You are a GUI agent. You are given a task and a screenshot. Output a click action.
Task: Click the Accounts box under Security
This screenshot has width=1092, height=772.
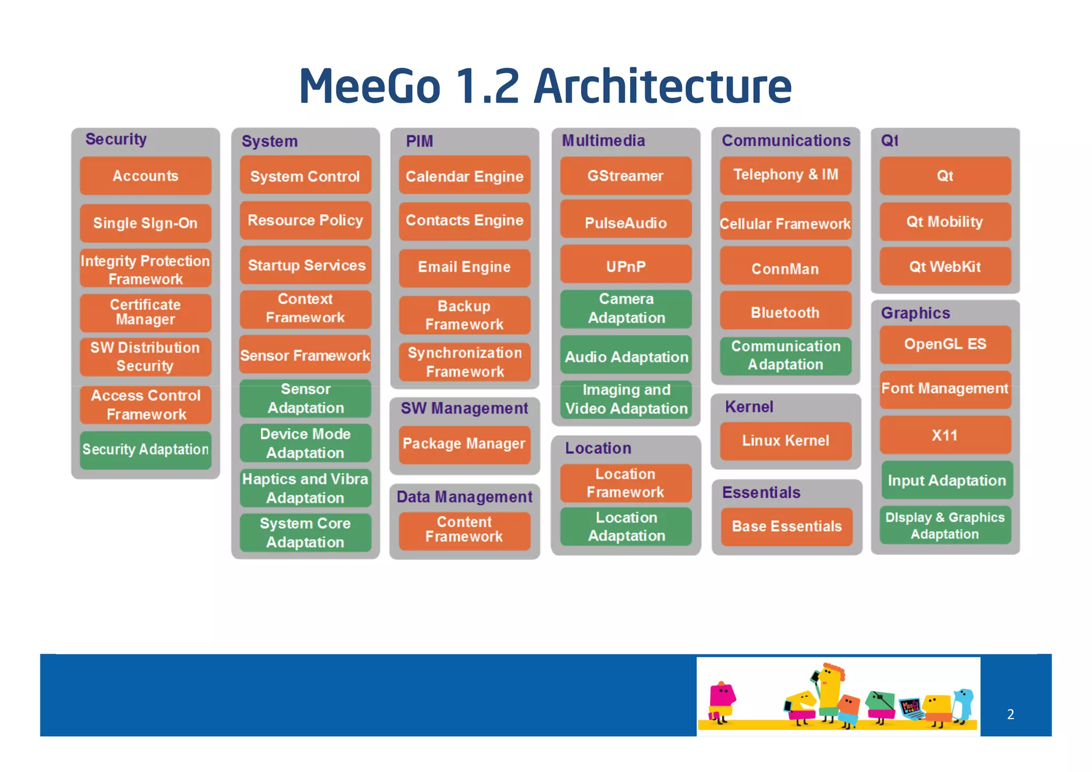pos(146,176)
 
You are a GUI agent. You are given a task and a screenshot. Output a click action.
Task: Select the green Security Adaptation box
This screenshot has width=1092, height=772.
pos(146,450)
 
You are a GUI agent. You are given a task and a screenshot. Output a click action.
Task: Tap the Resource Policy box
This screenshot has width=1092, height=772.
pos(305,220)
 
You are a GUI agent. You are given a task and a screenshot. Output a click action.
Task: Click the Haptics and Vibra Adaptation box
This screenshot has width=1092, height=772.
pos(305,488)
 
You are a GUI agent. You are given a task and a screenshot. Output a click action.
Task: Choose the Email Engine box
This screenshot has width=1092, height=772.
pos(464,267)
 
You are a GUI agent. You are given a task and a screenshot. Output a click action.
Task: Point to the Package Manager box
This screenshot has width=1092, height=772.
pos(464,444)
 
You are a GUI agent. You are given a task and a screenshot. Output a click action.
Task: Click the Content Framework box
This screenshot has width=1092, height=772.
pos(464,530)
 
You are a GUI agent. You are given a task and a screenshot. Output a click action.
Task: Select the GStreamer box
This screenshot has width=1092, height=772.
pos(625,176)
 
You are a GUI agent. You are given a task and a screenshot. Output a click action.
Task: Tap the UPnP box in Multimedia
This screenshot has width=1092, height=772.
pos(625,266)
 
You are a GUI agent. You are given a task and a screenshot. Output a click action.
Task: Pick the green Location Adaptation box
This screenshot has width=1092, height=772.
pos(626,527)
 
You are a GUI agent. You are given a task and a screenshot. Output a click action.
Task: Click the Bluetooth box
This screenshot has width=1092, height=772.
pos(785,312)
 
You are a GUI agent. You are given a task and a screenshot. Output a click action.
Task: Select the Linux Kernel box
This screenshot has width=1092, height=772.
pos(785,441)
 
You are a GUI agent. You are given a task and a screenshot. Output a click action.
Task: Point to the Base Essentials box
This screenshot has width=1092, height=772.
pos(786,527)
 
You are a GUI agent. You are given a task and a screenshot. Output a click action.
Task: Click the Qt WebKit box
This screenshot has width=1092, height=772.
pos(945,267)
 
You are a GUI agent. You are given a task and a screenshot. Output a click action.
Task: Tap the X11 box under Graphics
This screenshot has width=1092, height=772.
pos(945,435)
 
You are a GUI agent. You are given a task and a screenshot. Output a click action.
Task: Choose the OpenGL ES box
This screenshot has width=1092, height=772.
pos(945,344)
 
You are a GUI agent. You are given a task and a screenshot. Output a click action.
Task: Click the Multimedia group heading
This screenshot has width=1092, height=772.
pos(604,141)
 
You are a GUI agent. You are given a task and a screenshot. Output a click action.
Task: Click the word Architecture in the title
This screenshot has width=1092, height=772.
pos(663,86)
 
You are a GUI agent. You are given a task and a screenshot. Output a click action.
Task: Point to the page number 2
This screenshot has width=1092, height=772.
pos(1010,714)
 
